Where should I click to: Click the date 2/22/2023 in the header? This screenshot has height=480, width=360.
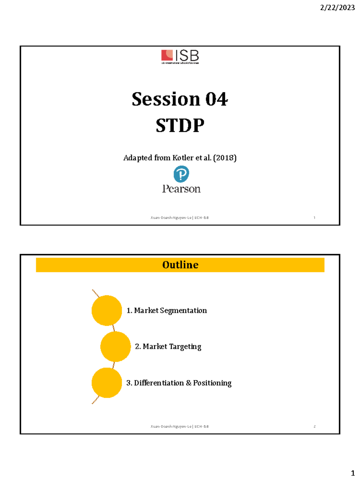(337, 7)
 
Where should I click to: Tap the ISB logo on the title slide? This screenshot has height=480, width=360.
(180, 56)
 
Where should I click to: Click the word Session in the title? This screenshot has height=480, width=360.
(166, 99)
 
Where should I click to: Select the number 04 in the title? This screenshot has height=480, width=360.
(216, 99)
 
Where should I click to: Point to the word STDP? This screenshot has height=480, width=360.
(180, 125)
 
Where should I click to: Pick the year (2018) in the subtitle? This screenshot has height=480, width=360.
(225, 158)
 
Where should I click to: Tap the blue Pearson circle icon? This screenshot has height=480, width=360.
(181, 174)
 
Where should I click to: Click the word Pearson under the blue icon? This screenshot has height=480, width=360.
(181, 189)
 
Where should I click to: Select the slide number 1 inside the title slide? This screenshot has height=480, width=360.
(314, 217)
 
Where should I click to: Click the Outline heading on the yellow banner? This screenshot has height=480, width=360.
(180, 265)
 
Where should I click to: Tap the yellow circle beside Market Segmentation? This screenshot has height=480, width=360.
(106, 310)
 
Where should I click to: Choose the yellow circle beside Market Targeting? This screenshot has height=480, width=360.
(115, 346)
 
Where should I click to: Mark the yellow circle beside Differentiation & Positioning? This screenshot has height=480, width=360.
(106, 383)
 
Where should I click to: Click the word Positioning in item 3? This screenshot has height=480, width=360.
(212, 383)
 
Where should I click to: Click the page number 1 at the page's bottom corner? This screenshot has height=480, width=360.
(353, 473)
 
